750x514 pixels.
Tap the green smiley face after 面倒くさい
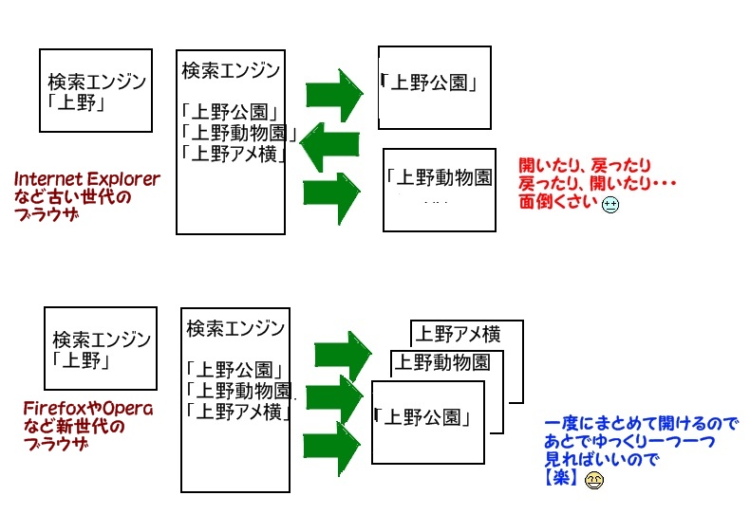tap(610, 203)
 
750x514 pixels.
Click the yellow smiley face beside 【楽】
tap(593, 480)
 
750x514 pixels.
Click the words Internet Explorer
tap(87, 178)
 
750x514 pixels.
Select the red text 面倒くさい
tap(558, 203)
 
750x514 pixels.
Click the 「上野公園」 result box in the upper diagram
tap(436, 86)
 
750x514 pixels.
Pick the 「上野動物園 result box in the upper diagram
tap(439, 189)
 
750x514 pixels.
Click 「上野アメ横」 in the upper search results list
tap(234, 152)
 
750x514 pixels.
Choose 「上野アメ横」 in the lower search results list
tap(237, 411)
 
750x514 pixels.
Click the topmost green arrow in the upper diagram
tap(334, 92)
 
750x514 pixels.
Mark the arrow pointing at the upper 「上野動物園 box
tap(332, 193)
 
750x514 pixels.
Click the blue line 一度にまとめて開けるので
tap(641, 424)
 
